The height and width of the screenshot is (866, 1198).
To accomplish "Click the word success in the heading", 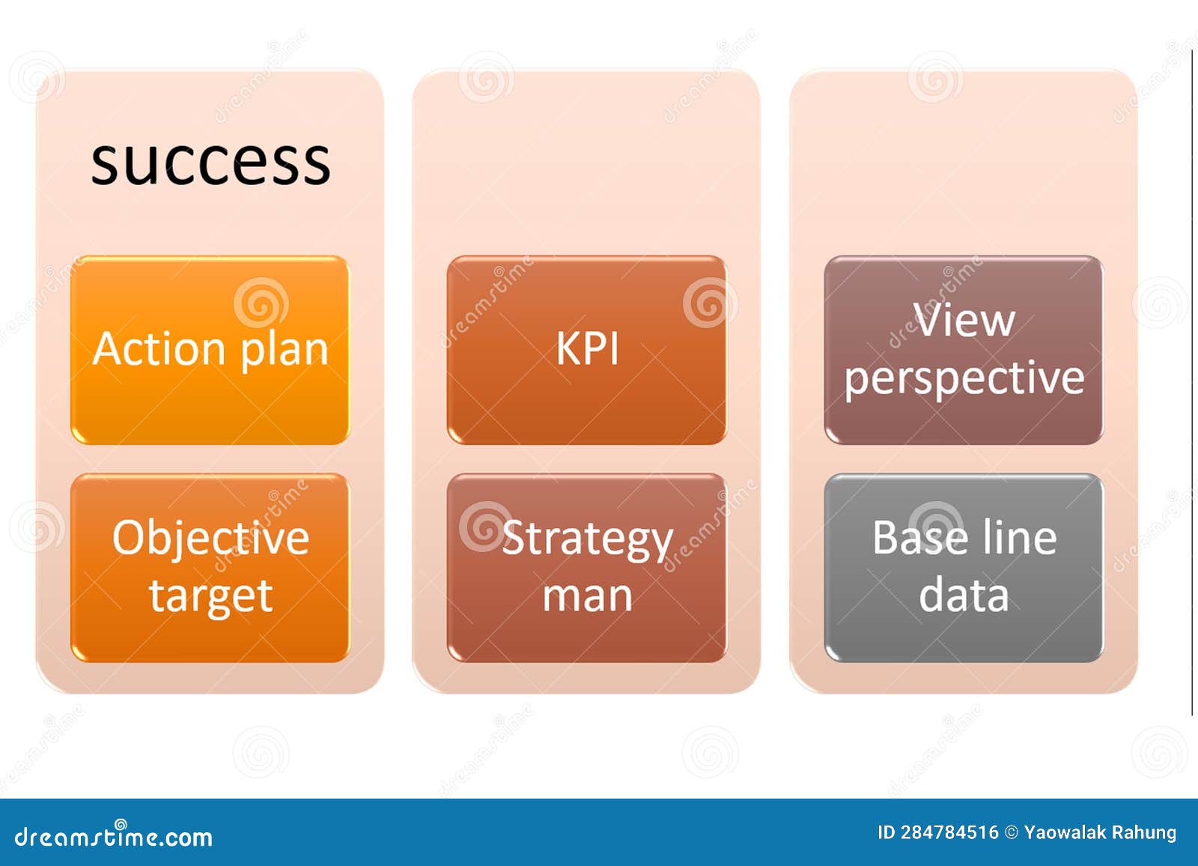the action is (x=210, y=163).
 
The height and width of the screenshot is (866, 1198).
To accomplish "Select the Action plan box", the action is (x=210, y=350).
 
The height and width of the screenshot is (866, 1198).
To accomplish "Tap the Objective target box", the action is (x=210, y=568).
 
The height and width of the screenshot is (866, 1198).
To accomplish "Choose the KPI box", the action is (x=587, y=350).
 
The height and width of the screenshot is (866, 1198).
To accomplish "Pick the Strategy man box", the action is (x=587, y=568).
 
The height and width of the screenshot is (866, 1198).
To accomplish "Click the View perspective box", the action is (x=964, y=350).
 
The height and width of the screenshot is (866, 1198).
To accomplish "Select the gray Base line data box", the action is (x=964, y=568).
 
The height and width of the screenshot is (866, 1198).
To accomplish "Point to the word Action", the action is (x=159, y=348).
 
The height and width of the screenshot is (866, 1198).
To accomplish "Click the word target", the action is (x=211, y=596).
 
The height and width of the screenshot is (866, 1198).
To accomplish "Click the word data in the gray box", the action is (x=964, y=595).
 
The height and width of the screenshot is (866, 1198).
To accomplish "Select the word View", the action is (x=964, y=320).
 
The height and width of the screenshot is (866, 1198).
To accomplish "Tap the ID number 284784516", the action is (x=949, y=832).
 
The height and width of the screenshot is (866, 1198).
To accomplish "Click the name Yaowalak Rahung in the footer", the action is (x=1100, y=833).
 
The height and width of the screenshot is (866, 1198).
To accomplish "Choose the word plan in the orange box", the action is (x=284, y=351).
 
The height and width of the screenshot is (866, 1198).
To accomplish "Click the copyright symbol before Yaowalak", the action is (x=1011, y=833).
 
